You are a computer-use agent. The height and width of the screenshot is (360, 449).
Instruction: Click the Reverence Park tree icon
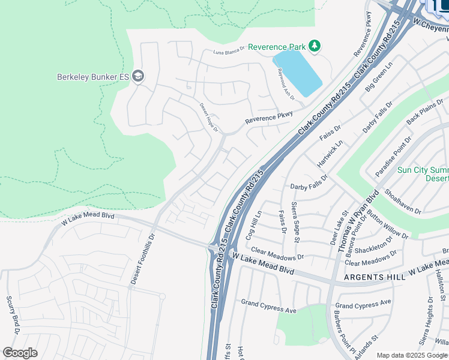[x=314, y=46]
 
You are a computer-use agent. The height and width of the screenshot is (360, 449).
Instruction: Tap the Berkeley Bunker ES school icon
[x=139, y=76]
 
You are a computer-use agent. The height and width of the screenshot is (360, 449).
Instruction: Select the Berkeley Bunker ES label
[x=93, y=77]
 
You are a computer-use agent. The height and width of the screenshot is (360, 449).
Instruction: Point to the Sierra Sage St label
[x=295, y=222]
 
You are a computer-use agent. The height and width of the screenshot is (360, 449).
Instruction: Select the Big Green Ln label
[x=379, y=76]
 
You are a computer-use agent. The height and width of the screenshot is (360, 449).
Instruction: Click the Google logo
[x=20, y=353]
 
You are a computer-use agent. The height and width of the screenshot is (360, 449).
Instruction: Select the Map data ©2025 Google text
[x=411, y=355]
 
